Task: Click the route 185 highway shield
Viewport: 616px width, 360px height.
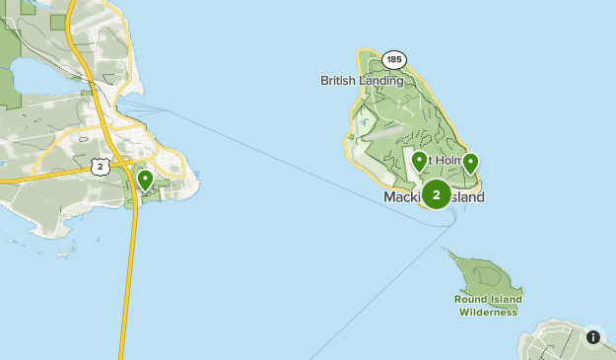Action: pos(394,60)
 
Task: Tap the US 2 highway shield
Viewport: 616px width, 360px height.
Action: pos(101,167)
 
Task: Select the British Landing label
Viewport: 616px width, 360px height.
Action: pos(362,81)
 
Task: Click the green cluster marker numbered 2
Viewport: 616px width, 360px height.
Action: pos(436,193)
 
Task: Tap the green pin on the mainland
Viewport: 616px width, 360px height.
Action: pos(145,180)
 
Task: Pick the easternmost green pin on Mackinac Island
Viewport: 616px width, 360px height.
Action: pos(471,164)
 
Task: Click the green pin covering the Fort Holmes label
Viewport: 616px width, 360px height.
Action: pos(420,162)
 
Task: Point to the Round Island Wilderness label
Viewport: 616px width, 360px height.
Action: pos(487,306)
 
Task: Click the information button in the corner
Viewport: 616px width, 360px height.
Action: pos(593,336)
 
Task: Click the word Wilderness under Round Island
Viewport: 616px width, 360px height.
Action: pos(488,313)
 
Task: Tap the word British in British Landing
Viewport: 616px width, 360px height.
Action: pos(337,81)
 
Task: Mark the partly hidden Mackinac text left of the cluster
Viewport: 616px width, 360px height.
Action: pos(402,197)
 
